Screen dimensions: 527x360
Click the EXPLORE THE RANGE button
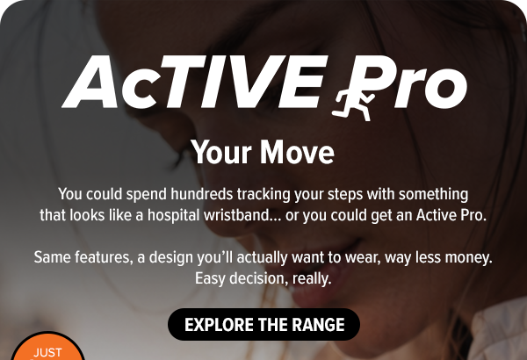click(263, 324)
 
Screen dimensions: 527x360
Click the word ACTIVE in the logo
click(195, 82)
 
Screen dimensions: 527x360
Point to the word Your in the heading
click(220, 152)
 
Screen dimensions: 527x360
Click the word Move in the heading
click(297, 152)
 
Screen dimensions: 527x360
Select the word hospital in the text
click(174, 215)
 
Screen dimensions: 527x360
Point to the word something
click(434, 195)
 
